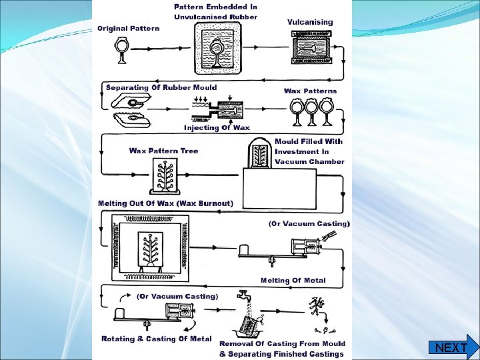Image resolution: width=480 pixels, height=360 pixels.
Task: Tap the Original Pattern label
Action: click(129, 29)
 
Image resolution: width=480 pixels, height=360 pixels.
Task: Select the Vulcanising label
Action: click(310, 22)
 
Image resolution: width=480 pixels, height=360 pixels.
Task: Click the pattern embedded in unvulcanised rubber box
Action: click(216, 49)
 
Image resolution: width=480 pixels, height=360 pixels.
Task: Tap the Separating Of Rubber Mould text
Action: click(157, 87)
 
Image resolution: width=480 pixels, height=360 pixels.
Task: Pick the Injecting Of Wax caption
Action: click(217, 127)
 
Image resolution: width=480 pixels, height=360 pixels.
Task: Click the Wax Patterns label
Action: click(311, 91)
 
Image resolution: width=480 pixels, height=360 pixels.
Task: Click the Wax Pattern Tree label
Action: click(164, 151)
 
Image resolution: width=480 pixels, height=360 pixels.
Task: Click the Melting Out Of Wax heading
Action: click(166, 203)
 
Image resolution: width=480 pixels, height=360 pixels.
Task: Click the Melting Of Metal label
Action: click(293, 280)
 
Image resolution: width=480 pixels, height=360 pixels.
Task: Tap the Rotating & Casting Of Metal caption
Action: click(156, 339)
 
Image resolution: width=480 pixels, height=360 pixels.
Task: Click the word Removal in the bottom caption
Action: click(238, 344)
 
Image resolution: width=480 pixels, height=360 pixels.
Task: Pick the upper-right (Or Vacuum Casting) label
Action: click(309, 224)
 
